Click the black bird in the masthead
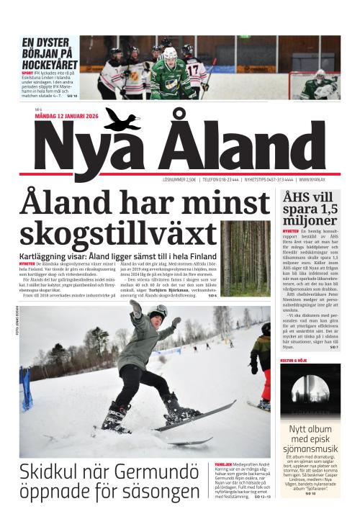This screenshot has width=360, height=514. pyautogui.click(x=121, y=118)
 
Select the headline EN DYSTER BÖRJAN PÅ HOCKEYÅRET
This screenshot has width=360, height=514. pyautogui.click(x=44, y=53)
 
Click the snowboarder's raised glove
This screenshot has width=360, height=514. pyautogui.click(x=135, y=307)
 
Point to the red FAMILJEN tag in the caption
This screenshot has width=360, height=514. pyautogui.click(x=222, y=465)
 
